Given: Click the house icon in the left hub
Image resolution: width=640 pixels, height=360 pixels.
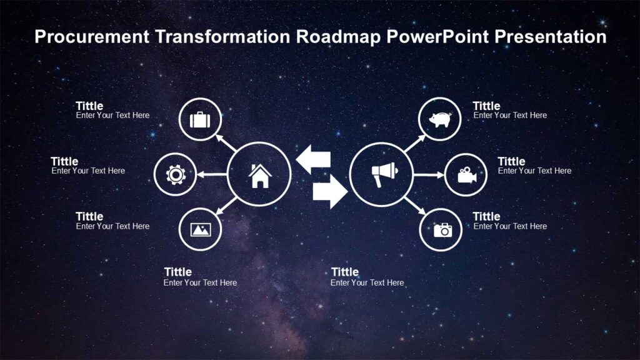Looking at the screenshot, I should click(x=259, y=175).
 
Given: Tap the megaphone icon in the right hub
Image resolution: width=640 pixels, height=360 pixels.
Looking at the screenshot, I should click(x=382, y=174).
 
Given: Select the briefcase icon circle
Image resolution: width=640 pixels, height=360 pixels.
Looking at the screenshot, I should click(x=200, y=119).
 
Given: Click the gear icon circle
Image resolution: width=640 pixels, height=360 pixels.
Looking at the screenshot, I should click(x=175, y=174).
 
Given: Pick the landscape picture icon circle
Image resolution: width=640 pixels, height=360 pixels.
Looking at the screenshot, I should click(x=200, y=230).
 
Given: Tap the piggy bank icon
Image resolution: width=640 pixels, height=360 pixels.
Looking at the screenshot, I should click(x=439, y=119).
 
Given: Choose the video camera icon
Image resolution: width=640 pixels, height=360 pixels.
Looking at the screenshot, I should click(x=466, y=174).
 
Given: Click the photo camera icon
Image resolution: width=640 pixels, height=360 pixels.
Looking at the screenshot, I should click(x=441, y=230).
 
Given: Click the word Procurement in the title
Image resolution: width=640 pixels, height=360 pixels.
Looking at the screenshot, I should click(x=92, y=37).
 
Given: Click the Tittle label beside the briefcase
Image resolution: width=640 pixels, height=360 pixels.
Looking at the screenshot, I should click(x=89, y=106).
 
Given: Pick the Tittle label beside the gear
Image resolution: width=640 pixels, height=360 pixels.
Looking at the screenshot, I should click(x=64, y=161).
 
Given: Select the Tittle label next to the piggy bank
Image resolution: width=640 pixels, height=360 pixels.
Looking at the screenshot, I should click(x=486, y=106).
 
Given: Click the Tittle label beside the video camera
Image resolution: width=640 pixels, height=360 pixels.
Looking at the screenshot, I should click(x=511, y=161).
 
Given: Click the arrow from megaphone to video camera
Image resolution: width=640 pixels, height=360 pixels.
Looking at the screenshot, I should click(x=428, y=174).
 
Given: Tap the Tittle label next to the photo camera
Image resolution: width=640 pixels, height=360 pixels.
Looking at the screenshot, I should click(x=486, y=216).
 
